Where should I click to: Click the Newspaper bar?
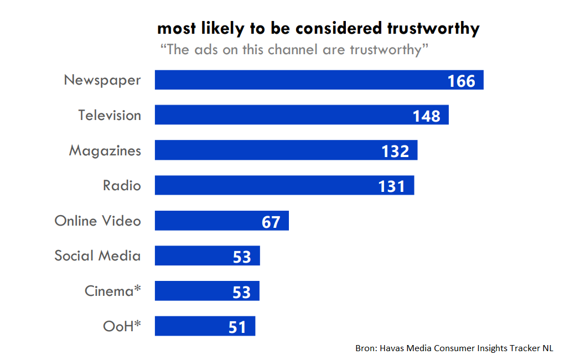(x=299, y=80)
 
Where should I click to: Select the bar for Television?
(x=282, y=115)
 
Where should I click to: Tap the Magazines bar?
(x=266, y=150)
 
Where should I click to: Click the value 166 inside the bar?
(x=462, y=81)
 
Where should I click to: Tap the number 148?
(x=427, y=116)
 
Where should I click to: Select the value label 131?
(x=392, y=186)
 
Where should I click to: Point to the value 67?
(x=271, y=222)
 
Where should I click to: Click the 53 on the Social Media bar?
(x=242, y=257)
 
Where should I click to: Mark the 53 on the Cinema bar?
(x=241, y=292)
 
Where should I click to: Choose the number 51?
(x=237, y=327)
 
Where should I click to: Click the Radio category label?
(x=122, y=185)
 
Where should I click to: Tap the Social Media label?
(x=97, y=255)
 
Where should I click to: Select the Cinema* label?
(x=112, y=291)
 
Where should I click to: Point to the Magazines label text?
(x=105, y=150)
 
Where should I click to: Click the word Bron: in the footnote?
(x=366, y=348)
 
